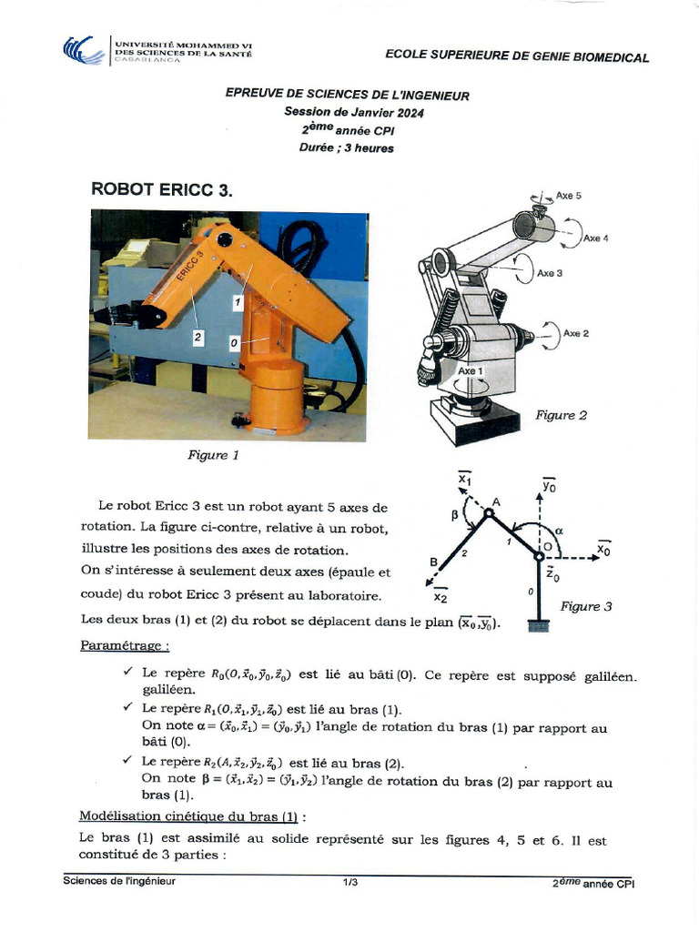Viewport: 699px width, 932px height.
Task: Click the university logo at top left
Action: click(83, 50)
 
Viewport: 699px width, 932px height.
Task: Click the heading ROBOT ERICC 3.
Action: click(162, 189)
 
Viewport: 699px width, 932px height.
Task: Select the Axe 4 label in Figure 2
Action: click(596, 238)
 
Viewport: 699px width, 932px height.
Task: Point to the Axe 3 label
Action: click(550, 273)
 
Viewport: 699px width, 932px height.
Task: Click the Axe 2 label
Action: click(576, 333)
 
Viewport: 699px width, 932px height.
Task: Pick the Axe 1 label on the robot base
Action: click(471, 371)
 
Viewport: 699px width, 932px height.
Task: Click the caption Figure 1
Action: click(213, 454)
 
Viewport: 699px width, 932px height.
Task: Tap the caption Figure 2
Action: click(561, 415)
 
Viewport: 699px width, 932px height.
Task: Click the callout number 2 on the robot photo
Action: click(198, 337)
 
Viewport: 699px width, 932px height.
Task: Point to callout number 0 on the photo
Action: click(234, 343)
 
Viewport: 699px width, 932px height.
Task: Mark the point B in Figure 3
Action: click(433, 562)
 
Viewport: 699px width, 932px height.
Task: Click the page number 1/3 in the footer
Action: click(350, 882)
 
